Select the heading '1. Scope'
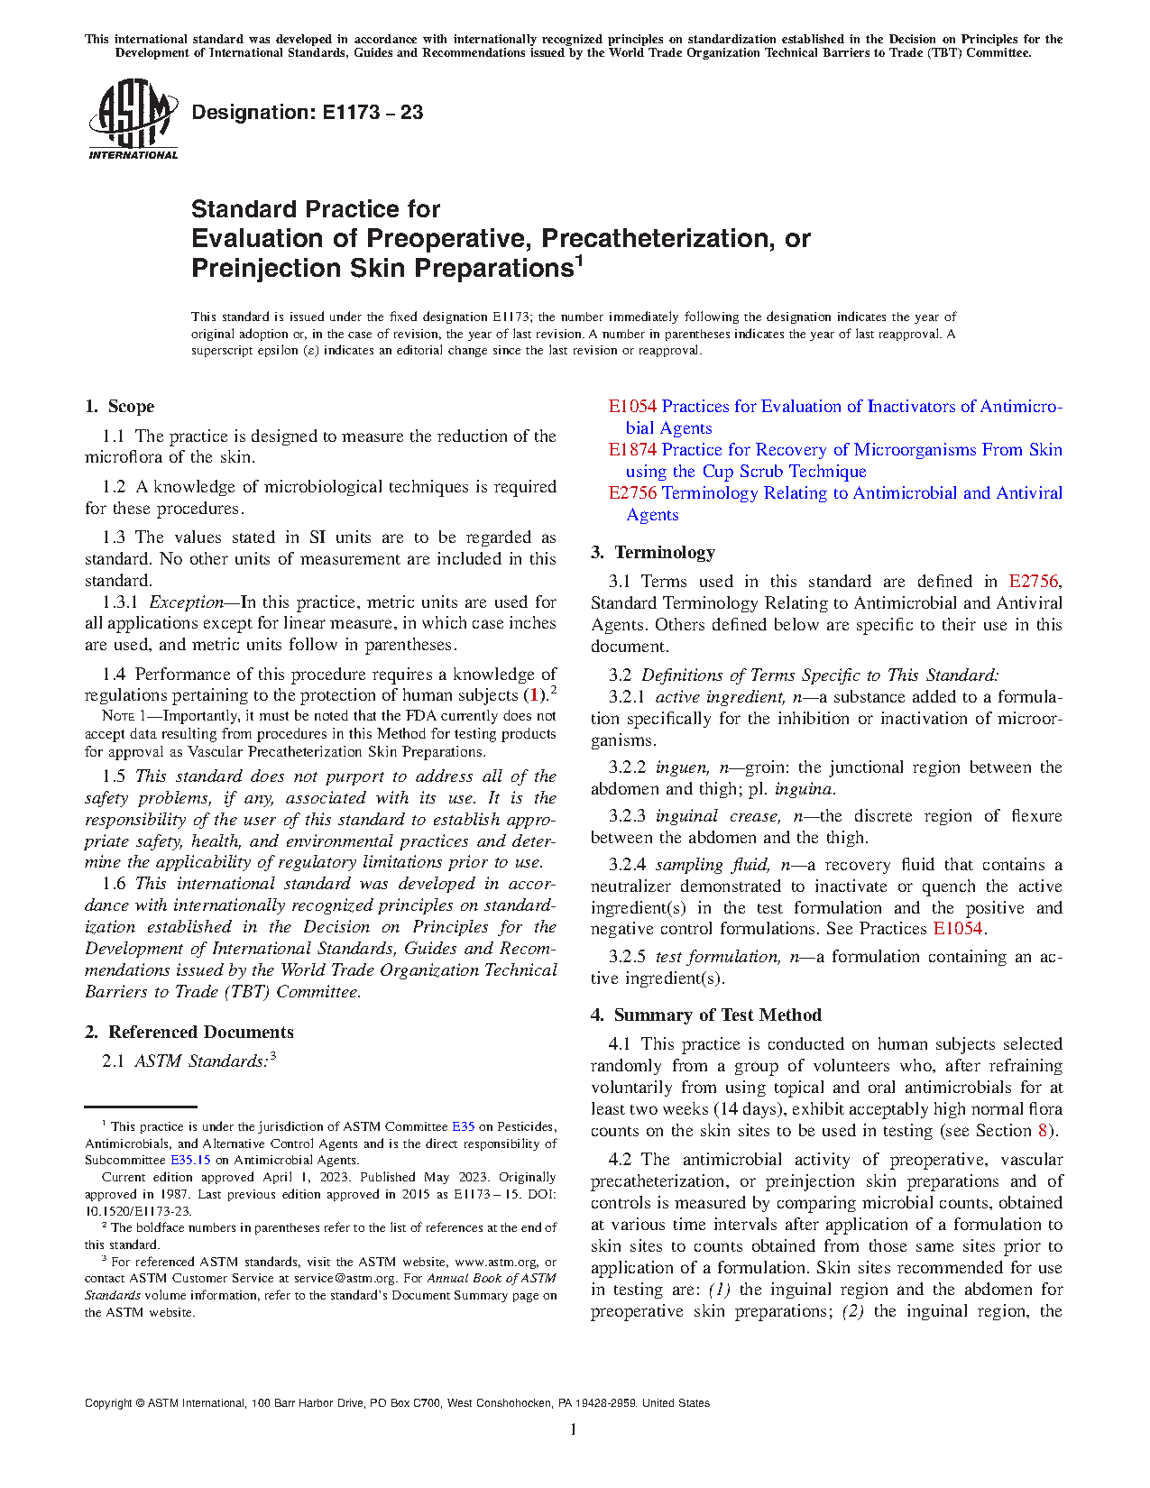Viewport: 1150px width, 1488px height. pos(120,407)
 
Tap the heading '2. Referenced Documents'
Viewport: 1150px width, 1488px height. pos(189,1033)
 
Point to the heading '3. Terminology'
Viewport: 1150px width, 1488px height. pos(653,553)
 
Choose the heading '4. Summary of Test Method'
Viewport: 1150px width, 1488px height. pos(706,1015)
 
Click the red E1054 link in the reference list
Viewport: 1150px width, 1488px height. pos(632,407)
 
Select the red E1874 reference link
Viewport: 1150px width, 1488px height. pos(632,450)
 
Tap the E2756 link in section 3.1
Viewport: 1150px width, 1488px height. pos(1033,582)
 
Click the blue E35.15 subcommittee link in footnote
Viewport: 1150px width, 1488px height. pos(190,1161)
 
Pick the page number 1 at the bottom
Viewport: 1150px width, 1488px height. pos(574,1429)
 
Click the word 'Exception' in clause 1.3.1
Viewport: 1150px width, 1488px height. pos(187,602)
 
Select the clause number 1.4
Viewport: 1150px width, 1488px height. pos(114,675)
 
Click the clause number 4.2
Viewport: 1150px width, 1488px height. pos(621,1160)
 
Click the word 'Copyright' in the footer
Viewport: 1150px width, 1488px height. pos(107,1403)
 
